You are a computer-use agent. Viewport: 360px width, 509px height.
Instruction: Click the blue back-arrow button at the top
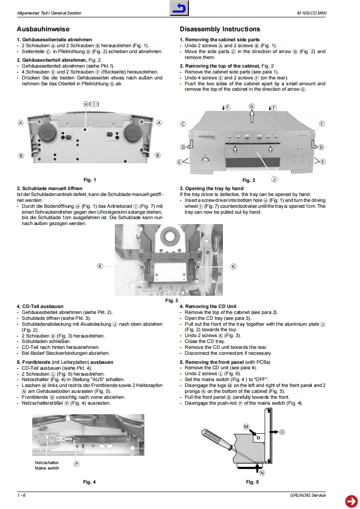pyautogui.click(x=179, y=9)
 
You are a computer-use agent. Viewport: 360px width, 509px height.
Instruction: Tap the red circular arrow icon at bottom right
pyautogui.click(x=351, y=501)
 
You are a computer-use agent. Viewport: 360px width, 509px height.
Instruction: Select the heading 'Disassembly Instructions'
pyautogui.click(x=220, y=29)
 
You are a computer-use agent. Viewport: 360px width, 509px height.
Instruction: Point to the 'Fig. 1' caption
pyautogui.click(x=90, y=180)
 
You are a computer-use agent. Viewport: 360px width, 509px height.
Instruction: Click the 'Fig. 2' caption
pyautogui.click(x=249, y=180)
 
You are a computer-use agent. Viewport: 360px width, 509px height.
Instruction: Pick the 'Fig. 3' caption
pyautogui.click(x=171, y=300)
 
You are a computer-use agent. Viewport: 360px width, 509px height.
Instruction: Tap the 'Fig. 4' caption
pyautogui.click(x=89, y=481)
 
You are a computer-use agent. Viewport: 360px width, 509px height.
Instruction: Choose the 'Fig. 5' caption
pyautogui.click(x=252, y=481)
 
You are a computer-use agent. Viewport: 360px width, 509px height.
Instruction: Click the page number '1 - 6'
pyautogui.click(x=21, y=495)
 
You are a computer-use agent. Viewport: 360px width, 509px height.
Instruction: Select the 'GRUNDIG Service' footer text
pyautogui.click(x=308, y=495)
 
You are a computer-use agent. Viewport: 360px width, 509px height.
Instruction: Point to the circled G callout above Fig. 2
pyautogui.click(x=252, y=106)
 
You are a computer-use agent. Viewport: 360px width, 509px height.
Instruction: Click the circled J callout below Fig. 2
pyautogui.click(x=274, y=179)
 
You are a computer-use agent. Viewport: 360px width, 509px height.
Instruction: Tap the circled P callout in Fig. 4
pyautogui.click(x=76, y=463)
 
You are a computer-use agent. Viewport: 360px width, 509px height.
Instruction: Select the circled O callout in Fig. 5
pyautogui.click(x=282, y=432)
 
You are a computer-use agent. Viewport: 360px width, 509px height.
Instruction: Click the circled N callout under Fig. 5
pyautogui.click(x=261, y=472)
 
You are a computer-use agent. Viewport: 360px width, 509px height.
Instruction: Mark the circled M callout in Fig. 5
pyautogui.click(x=246, y=427)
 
